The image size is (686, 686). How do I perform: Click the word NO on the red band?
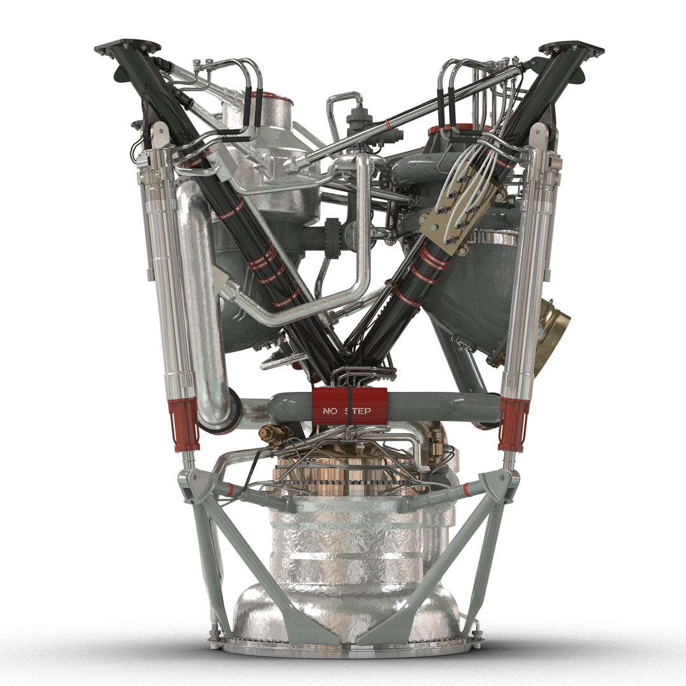(330, 411)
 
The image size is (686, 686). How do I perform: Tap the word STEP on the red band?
(358, 411)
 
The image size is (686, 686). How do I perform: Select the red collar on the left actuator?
(184, 422)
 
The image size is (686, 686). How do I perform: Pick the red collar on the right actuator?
(513, 423)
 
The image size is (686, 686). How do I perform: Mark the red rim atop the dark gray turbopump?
(460, 130)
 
